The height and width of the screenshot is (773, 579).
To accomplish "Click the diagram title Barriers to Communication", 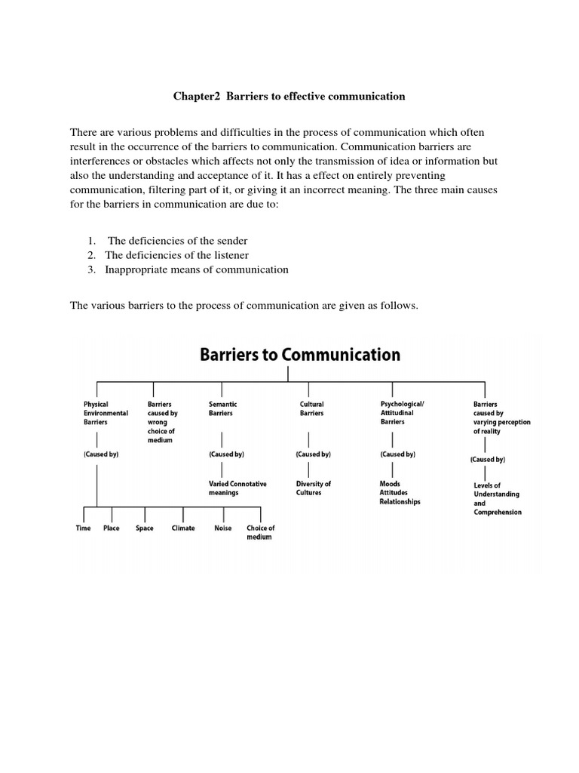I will point(299,355).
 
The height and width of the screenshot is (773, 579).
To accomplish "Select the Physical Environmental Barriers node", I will point(106,413).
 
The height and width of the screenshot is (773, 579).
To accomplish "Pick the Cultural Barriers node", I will point(312,408).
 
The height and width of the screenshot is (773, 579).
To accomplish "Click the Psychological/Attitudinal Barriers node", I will point(403,413).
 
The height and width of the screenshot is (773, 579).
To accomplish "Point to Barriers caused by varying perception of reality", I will point(501,417).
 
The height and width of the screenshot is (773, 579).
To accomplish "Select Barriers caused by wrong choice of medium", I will point(162,422).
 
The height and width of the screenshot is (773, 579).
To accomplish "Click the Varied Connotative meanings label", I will point(237,488).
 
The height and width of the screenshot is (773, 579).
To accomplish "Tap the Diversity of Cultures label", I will point(314,488).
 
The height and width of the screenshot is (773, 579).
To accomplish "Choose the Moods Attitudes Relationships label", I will point(400,492).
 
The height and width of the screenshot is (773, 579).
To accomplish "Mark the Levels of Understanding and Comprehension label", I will point(496,498).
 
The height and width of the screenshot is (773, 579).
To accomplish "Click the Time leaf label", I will point(83,528).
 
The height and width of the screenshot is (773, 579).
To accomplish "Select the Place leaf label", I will point(111,528).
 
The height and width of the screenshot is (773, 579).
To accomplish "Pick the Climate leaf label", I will point(183,528).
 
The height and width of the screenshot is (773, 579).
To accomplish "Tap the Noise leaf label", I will point(223,528).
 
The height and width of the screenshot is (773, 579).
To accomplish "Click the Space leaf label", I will point(144,528).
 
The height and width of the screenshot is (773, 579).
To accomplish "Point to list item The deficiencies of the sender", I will point(167,241).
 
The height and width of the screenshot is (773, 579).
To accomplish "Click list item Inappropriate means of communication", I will point(196,269).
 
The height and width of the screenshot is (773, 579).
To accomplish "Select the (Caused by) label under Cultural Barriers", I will point(313,454).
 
